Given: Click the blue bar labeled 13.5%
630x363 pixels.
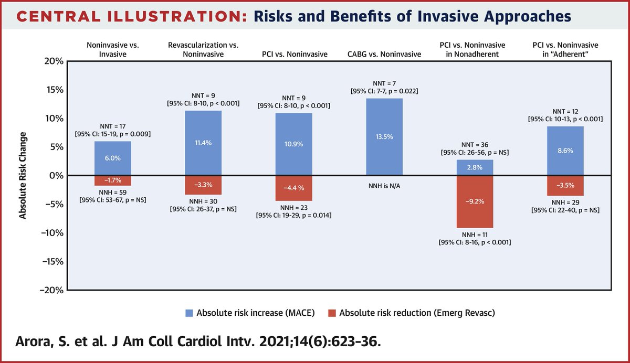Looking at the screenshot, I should [x=384, y=137].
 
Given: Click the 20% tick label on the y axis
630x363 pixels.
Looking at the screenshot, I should [x=53, y=61].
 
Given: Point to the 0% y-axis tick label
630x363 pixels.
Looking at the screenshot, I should [x=55, y=175].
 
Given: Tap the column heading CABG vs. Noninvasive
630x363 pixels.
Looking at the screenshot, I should [x=384, y=54].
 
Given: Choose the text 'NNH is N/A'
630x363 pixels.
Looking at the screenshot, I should [x=384, y=185].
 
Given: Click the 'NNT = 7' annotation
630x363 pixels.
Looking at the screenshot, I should [x=384, y=83].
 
